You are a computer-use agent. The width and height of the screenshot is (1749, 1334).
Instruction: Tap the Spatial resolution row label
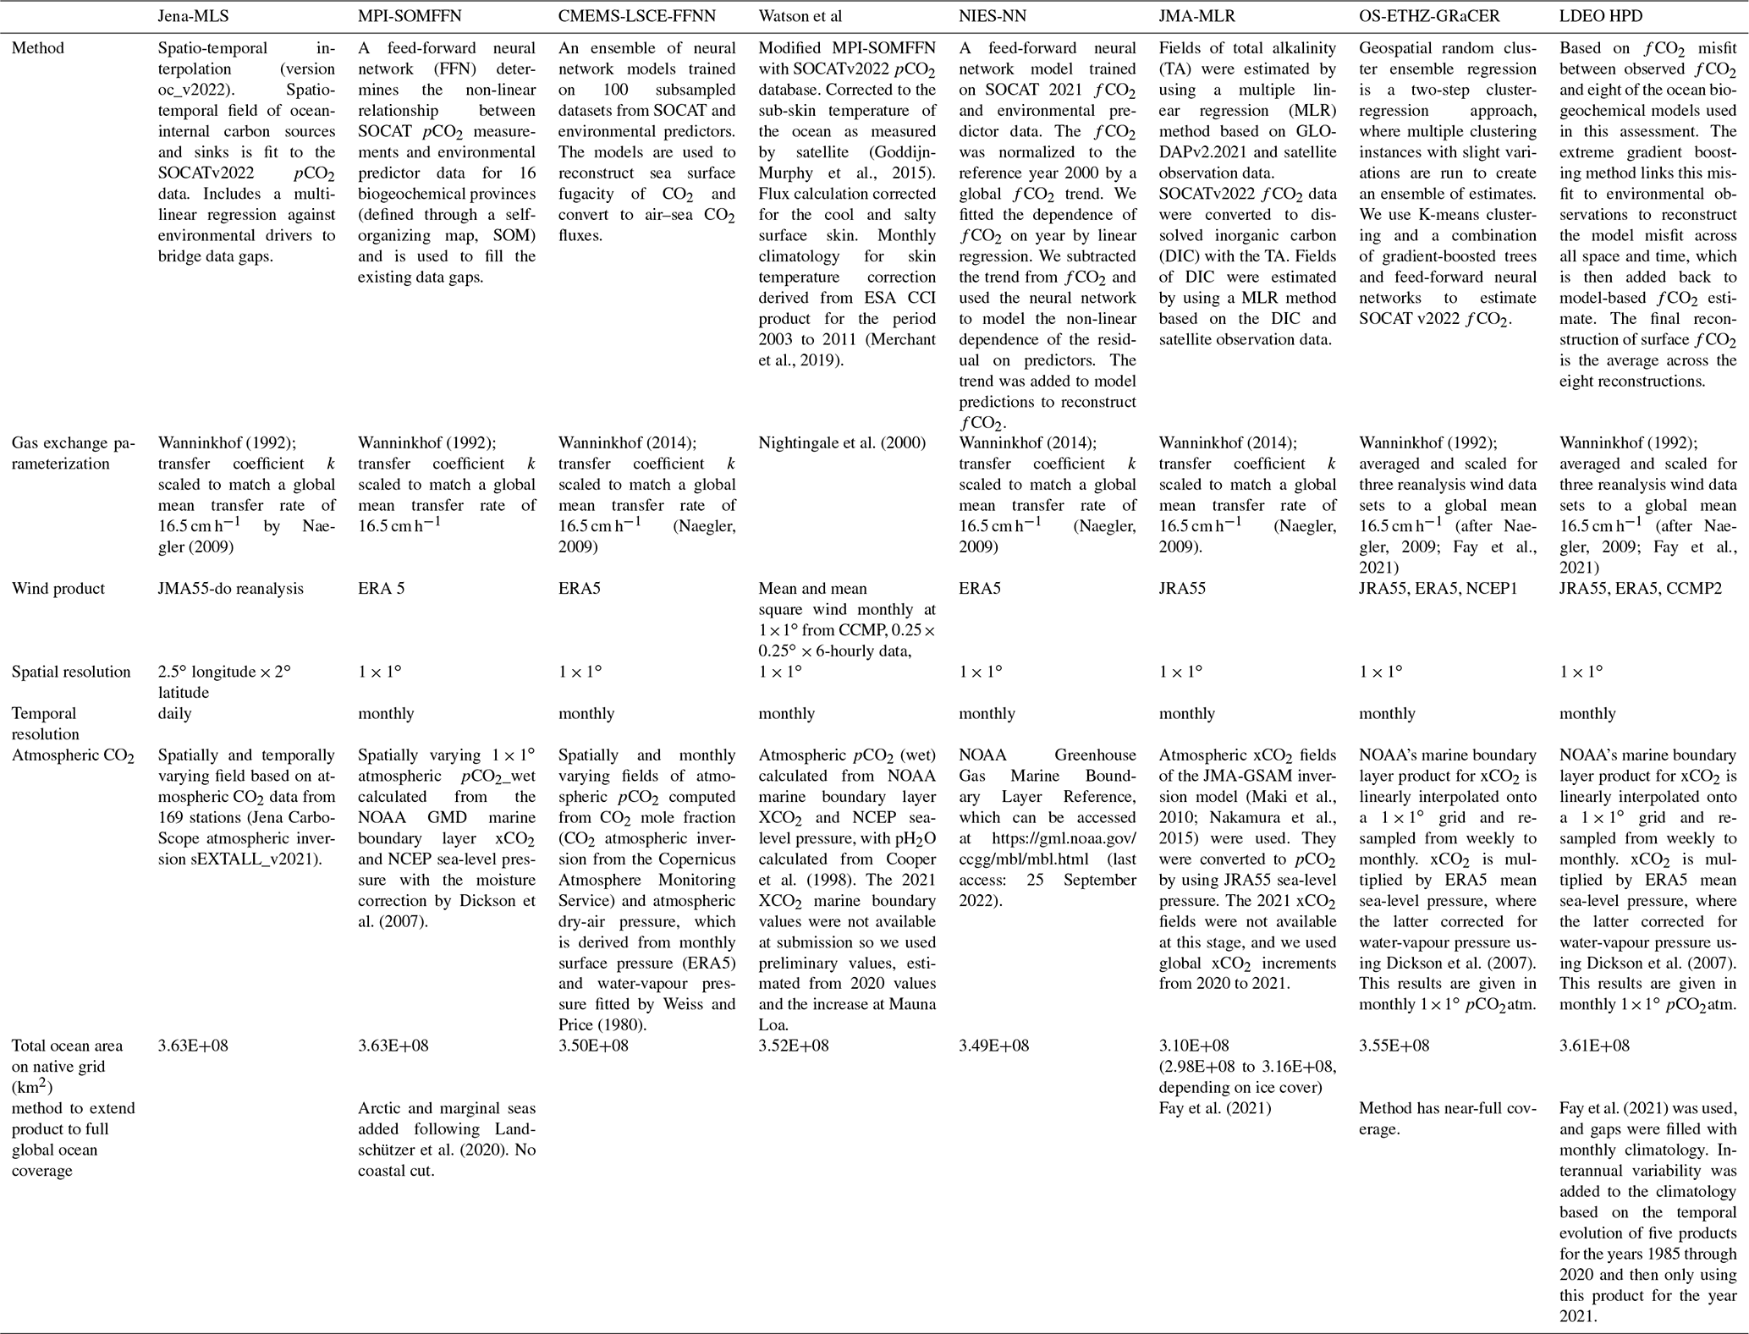tap(71, 672)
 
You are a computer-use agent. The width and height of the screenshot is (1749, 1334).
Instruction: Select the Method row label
tap(37, 49)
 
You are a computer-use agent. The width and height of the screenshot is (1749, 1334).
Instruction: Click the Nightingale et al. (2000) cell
tap(842, 443)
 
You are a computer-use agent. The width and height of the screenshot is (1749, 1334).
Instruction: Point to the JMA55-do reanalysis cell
tap(230, 589)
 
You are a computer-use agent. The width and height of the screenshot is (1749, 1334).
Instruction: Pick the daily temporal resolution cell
tap(175, 714)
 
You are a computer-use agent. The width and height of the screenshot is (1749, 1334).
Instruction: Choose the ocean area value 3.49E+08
tap(993, 1046)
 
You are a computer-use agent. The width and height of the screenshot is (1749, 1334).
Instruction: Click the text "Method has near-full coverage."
tap(1447, 1118)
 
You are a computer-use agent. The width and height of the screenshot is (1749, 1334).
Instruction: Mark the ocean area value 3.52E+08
tap(794, 1046)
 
